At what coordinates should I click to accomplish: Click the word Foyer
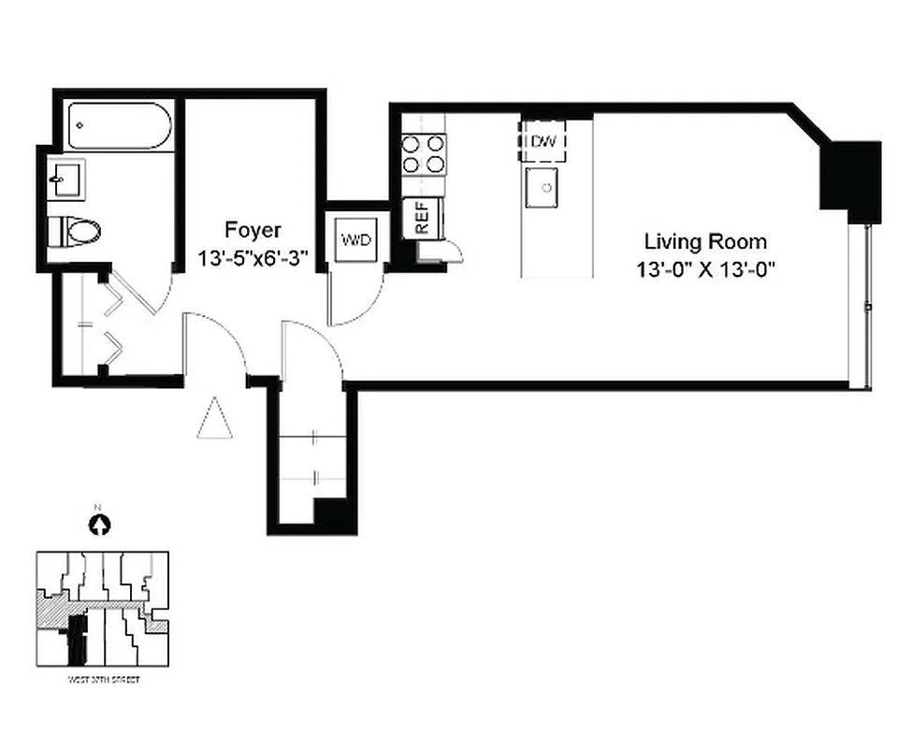(252, 230)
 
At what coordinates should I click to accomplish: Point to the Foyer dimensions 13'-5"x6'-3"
(253, 256)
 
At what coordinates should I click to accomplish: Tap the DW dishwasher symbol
(543, 141)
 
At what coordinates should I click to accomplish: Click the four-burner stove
(424, 153)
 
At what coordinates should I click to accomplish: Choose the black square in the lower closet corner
(334, 516)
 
